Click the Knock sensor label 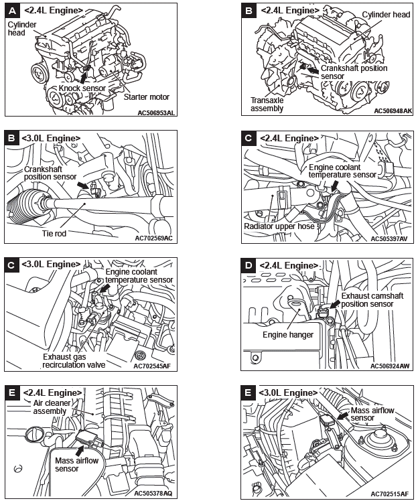[x=82, y=87]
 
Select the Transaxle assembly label [x=267, y=103]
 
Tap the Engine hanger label [x=287, y=334]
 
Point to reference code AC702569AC [x=153, y=238]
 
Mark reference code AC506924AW [x=392, y=366]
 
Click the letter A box [x=12, y=11]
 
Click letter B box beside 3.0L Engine [x=12, y=138]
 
